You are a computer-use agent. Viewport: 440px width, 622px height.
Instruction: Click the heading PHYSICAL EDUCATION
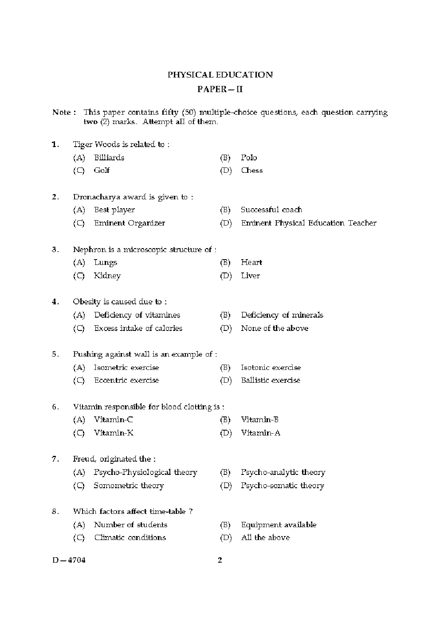[x=220, y=75]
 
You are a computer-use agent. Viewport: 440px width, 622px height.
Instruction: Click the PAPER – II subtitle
[x=220, y=89]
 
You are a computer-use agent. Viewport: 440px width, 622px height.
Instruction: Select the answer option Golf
[x=102, y=171]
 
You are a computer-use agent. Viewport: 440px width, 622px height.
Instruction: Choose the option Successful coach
[x=271, y=210]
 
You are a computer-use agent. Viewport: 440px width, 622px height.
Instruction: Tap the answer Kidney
[x=107, y=276]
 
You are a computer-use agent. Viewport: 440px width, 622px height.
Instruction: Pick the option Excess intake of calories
[x=138, y=328]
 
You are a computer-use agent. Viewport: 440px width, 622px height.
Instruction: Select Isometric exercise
[x=126, y=368]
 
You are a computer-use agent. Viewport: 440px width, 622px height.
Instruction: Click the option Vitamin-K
[x=114, y=433]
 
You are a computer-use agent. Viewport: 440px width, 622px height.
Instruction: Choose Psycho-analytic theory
[x=283, y=473]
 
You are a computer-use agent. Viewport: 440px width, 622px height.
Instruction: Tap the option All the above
[x=265, y=538]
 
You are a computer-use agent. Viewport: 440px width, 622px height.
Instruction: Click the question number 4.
[x=55, y=302]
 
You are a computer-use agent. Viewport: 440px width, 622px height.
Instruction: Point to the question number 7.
[x=55, y=459]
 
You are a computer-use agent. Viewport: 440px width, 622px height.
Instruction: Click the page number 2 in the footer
[x=220, y=560]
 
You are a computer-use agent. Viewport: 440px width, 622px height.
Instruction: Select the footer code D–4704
[x=69, y=560]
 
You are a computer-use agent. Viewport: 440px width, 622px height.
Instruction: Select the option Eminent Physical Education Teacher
[x=308, y=223]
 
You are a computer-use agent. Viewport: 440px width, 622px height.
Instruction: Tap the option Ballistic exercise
[x=270, y=381]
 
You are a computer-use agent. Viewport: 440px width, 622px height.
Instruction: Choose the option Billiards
[x=109, y=158]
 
